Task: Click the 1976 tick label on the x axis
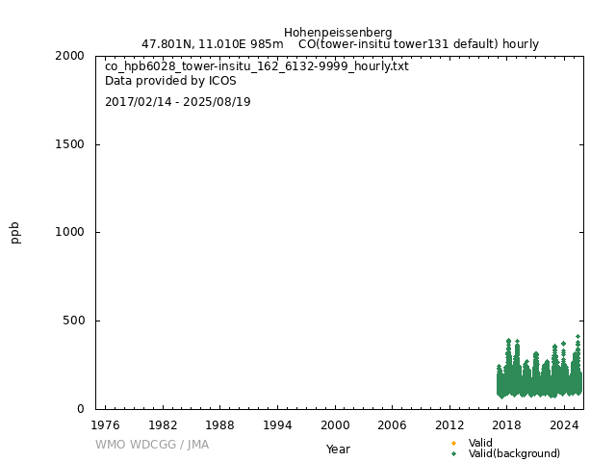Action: (x=105, y=424)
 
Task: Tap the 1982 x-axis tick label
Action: (x=163, y=424)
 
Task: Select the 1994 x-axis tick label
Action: (x=277, y=424)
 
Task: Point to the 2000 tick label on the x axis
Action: (x=335, y=424)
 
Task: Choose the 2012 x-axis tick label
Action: (x=449, y=424)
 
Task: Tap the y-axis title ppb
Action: (x=15, y=232)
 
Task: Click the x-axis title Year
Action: (x=338, y=449)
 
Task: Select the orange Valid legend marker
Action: (x=453, y=443)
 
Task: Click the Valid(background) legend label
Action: (x=514, y=453)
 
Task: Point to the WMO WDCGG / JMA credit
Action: (x=152, y=445)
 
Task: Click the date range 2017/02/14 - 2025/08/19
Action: (x=178, y=102)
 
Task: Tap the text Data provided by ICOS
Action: (x=170, y=81)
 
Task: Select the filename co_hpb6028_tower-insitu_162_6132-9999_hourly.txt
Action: (x=257, y=66)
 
